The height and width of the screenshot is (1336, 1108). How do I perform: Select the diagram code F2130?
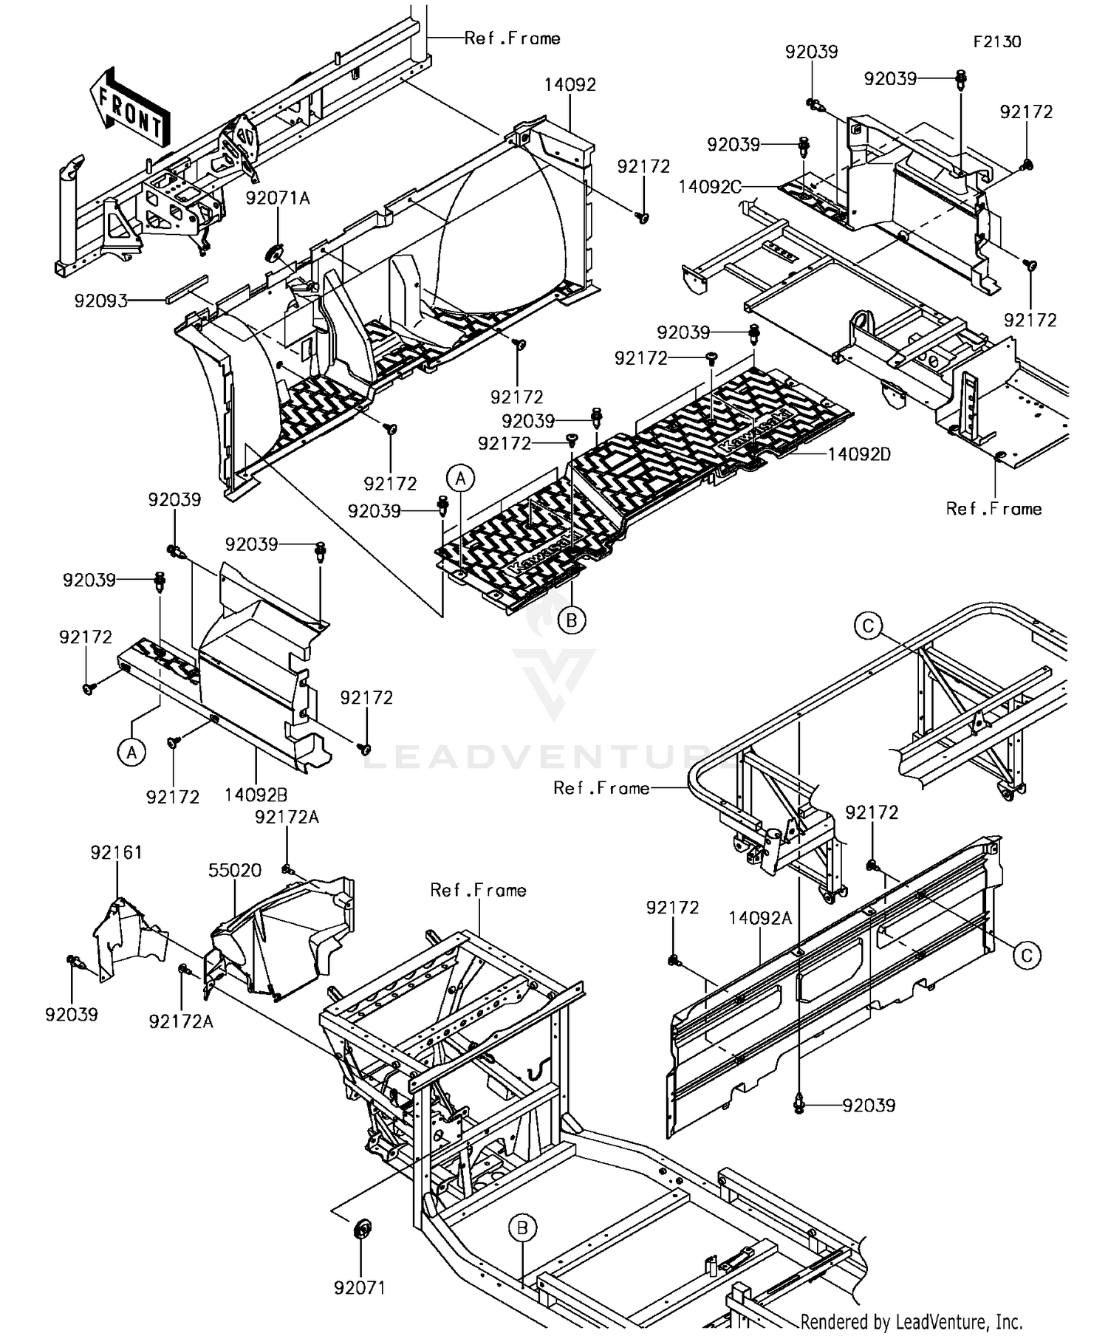pyautogui.click(x=996, y=41)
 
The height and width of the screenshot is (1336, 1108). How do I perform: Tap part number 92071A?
pyautogui.click(x=278, y=198)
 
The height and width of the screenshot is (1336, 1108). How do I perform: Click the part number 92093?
pyautogui.click(x=100, y=301)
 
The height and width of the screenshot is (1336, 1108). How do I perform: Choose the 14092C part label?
pyautogui.click(x=709, y=187)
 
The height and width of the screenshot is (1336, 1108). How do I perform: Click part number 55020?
pyautogui.click(x=234, y=870)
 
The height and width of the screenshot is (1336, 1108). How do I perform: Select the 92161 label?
pyautogui.click(x=116, y=852)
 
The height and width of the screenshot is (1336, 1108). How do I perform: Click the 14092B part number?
pyautogui.click(x=256, y=795)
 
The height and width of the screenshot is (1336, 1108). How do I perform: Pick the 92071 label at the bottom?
pyautogui.click(x=360, y=1288)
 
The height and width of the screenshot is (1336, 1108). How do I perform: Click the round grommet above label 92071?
pyautogui.click(x=361, y=1231)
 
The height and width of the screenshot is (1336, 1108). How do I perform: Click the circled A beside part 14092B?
pyautogui.click(x=131, y=753)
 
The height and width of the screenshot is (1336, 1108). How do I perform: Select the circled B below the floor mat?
pyautogui.click(x=571, y=621)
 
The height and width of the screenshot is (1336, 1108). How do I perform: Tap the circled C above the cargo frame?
pyautogui.click(x=868, y=627)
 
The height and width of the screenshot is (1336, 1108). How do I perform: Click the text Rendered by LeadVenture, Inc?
pyautogui.click(x=911, y=1321)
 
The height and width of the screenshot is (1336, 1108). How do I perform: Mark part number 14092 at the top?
pyautogui.click(x=570, y=84)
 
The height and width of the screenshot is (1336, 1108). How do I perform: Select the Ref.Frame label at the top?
pyautogui.click(x=512, y=38)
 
